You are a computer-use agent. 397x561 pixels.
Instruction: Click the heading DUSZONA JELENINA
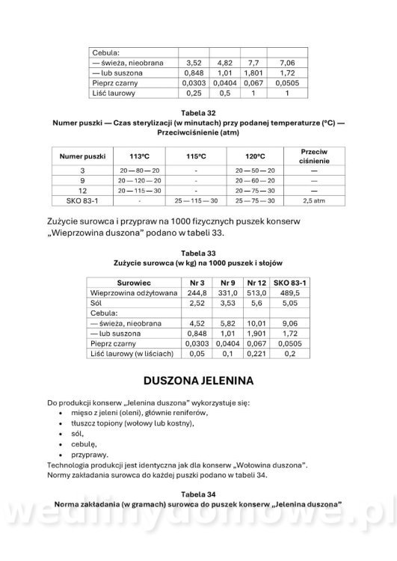(198, 380)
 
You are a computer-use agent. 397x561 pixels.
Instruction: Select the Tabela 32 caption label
(198, 112)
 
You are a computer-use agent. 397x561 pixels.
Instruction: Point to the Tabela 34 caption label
(198, 494)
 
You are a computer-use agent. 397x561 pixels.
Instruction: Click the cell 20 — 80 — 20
(140, 171)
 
